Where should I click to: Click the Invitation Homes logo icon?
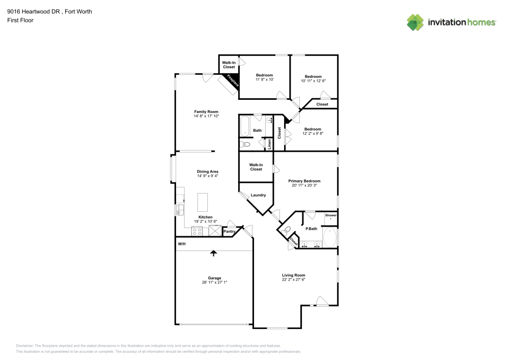point(415,22)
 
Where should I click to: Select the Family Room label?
point(206,112)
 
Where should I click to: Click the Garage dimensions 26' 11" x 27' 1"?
point(214,282)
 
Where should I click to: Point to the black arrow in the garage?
point(214,253)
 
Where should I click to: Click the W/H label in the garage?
point(181,244)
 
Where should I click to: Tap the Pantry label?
point(230,232)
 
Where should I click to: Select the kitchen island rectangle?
point(203,202)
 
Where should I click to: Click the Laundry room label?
point(258,195)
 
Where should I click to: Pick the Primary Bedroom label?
point(305,181)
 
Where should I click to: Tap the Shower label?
point(331,215)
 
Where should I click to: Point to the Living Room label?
point(294,275)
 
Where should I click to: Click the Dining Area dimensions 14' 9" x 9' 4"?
point(207,176)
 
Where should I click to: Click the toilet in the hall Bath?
point(246,145)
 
